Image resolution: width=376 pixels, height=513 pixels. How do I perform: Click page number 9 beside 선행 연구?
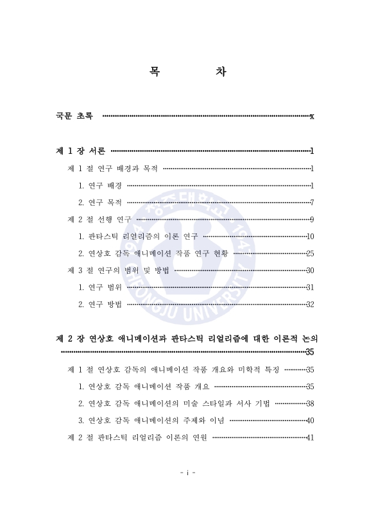(311, 220)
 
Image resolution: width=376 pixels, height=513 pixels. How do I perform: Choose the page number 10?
(310, 237)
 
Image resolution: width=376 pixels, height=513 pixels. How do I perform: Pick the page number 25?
(309, 253)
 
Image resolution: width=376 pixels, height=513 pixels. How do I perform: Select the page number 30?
(309, 270)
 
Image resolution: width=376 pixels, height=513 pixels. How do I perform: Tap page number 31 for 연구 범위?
(309, 287)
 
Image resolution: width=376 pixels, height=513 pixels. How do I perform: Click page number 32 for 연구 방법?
(309, 304)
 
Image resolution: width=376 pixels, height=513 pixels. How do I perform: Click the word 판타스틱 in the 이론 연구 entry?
(103, 237)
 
